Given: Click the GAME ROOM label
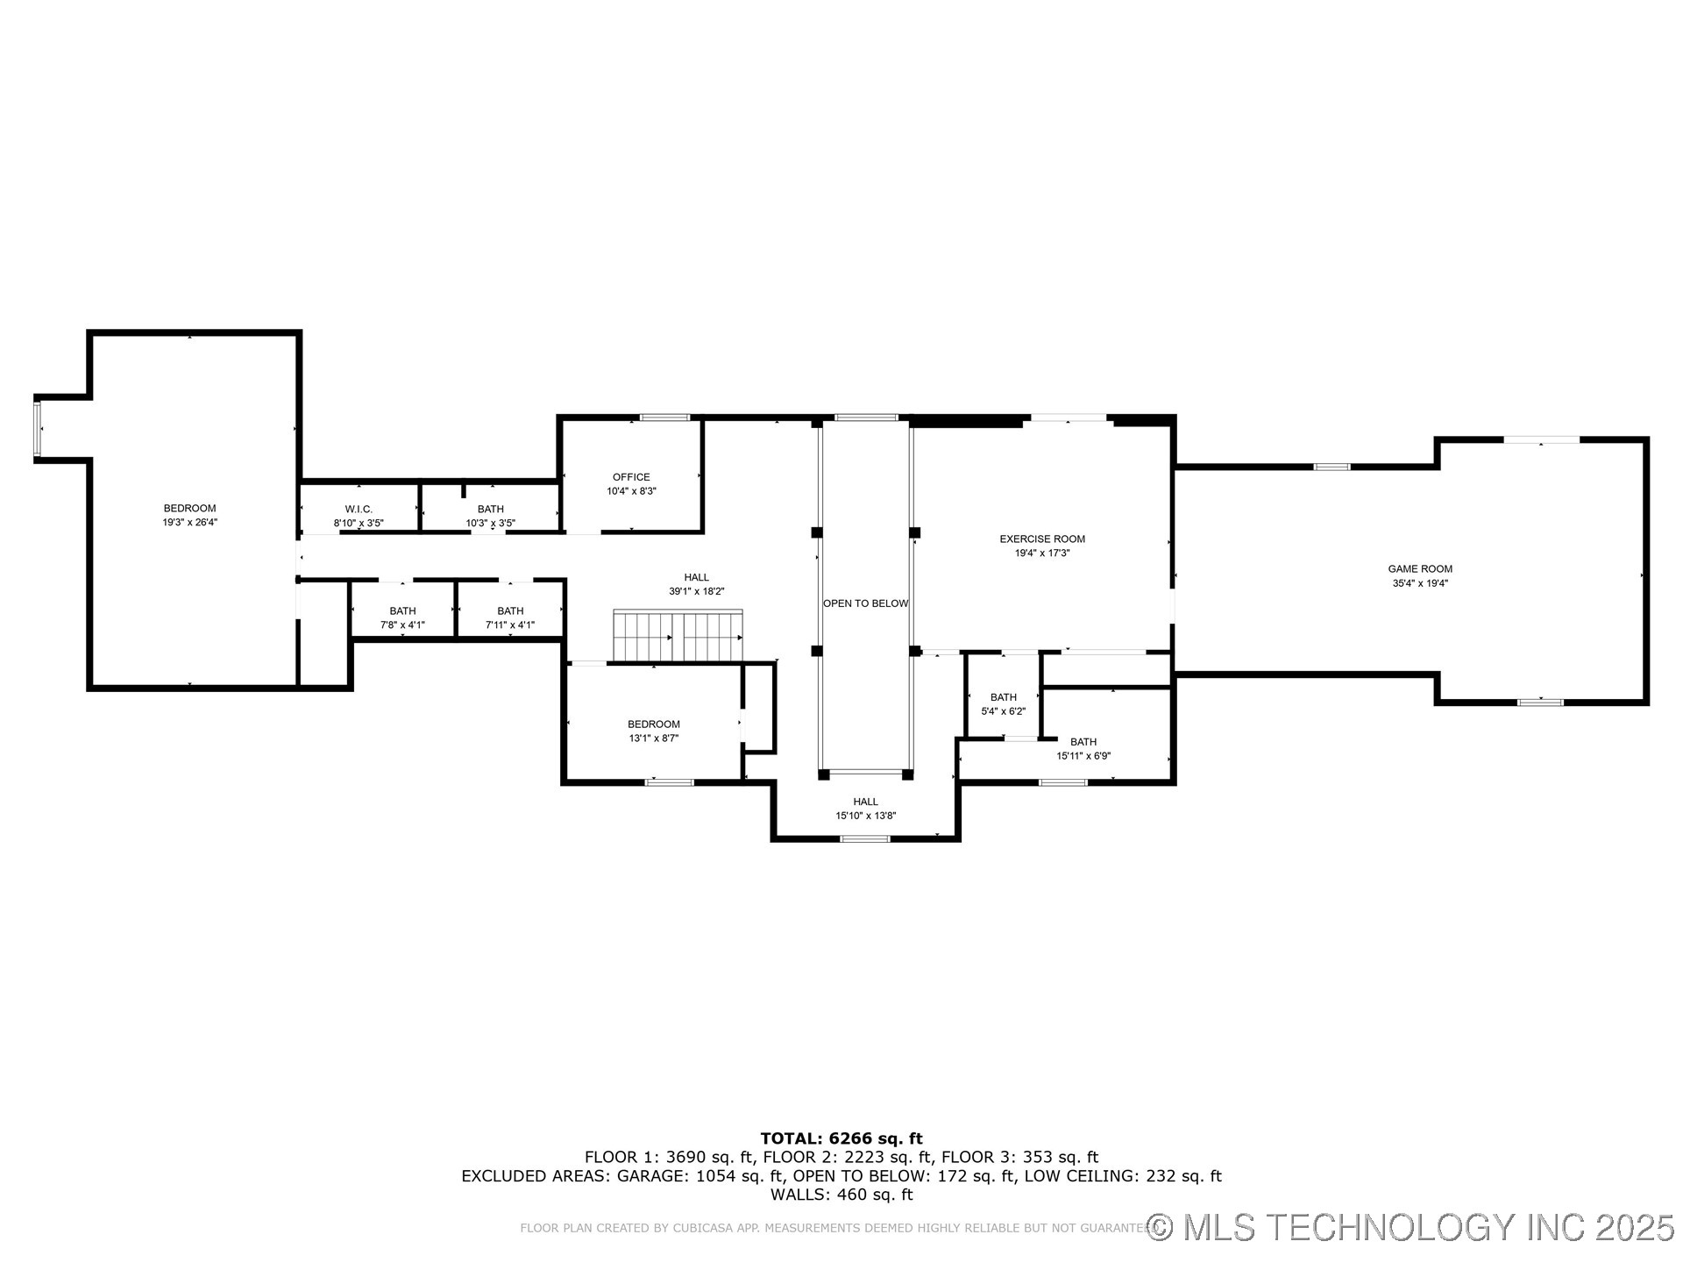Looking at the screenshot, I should [1420, 568].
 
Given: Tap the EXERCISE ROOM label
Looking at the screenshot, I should [1042, 539].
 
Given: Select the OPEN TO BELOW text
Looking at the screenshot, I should [865, 603].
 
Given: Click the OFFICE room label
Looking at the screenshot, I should [631, 477].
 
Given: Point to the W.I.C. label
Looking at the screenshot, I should [359, 509].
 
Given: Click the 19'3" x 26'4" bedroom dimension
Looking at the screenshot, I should [189, 522].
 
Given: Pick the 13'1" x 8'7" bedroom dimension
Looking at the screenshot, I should [653, 739].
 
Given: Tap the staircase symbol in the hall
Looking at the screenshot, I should [678, 636].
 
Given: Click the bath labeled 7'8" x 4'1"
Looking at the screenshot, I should [402, 617].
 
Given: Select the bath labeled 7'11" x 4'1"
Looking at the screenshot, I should [510, 617].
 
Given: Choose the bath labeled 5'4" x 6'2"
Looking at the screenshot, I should [1003, 704].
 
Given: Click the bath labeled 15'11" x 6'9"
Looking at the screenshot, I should [1083, 748].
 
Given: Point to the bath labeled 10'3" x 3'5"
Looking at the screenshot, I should [490, 516].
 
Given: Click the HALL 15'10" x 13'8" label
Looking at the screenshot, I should [865, 808].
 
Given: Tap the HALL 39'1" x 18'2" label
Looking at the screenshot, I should [696, 584].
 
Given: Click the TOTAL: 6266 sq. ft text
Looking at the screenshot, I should [841, 1138].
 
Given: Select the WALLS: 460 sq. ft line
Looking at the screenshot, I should [841, 1195].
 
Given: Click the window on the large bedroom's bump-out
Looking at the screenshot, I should [38, 428].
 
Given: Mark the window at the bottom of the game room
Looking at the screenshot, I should [1540, 702].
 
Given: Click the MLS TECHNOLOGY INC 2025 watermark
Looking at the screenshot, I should [1411, 1227].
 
